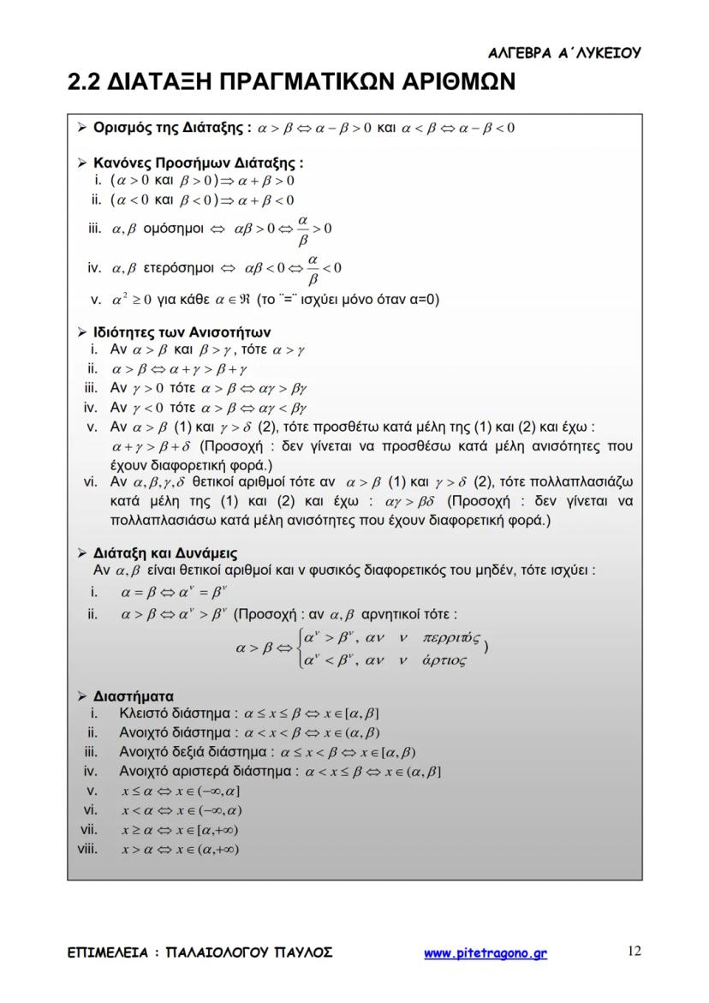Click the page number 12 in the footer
(634, 951)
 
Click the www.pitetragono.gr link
(486, 953)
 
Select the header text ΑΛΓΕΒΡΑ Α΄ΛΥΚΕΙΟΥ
(564, 53)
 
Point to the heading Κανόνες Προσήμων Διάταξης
(198, 163)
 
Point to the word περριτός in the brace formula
(451, 638)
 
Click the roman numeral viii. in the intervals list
(87, 849)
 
